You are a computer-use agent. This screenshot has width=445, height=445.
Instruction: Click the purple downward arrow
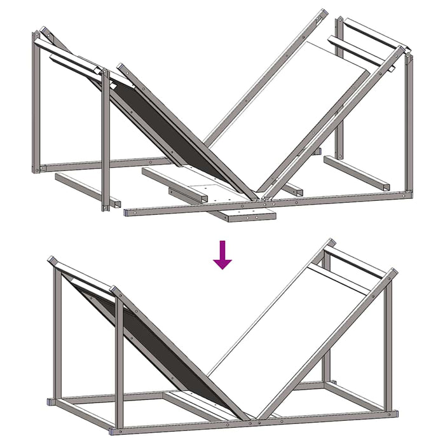pos(222,254)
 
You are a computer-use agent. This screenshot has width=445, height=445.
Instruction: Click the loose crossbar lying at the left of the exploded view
pos(86,189)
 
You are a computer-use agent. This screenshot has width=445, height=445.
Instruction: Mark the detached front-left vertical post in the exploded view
pos(106,140)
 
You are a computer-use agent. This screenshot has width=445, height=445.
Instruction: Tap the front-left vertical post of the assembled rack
pos(118,362)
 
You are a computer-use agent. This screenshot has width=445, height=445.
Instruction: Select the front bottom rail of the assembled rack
pos(254,420)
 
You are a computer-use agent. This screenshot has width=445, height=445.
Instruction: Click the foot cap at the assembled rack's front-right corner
pos(394,413)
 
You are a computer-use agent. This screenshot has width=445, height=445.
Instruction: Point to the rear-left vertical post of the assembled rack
pos(56,331)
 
